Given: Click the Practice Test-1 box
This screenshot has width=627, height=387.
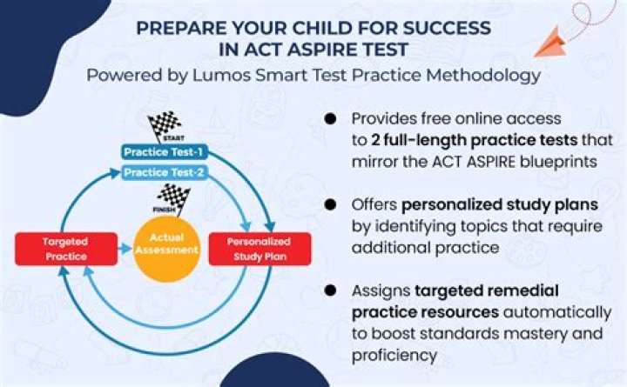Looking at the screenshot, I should pos(165,152).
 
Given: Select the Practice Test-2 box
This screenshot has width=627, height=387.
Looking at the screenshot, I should pos(165,172).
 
